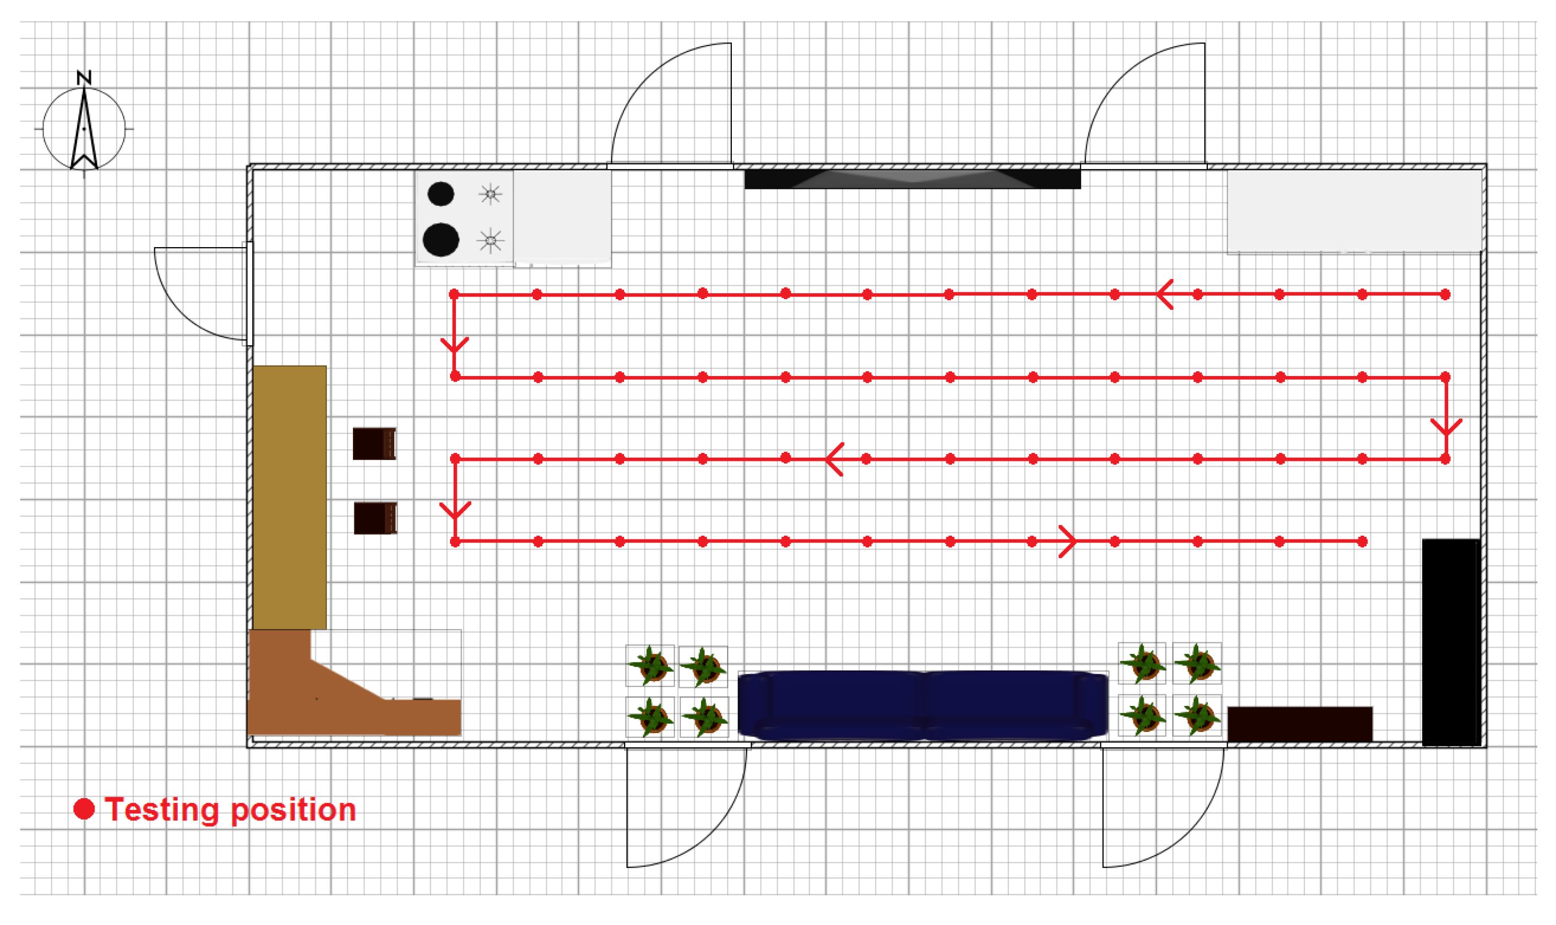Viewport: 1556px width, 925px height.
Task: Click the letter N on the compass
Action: (x=84, y=78)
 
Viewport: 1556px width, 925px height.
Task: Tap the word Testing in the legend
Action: (x=161, y=810)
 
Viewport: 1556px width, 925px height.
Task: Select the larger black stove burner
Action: (x=441, y=240)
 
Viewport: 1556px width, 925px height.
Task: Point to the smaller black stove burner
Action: (x=441, y=194)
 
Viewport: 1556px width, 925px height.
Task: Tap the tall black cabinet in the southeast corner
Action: (x=1451, y=642)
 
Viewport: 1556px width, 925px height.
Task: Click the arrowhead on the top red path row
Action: (x=1164, y=294)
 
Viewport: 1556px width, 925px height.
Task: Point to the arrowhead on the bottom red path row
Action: (x=1068, y=542)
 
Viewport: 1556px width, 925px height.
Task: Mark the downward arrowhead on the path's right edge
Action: (x=1446, y=427)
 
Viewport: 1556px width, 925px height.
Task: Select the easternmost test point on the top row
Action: (x=1445, y=294)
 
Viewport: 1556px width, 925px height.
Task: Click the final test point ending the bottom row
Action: (x=1363, y=542)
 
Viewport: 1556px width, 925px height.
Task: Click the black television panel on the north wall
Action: (x=912, y=179)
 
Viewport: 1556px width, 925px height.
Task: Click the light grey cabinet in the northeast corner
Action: (x=1354, y=212)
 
